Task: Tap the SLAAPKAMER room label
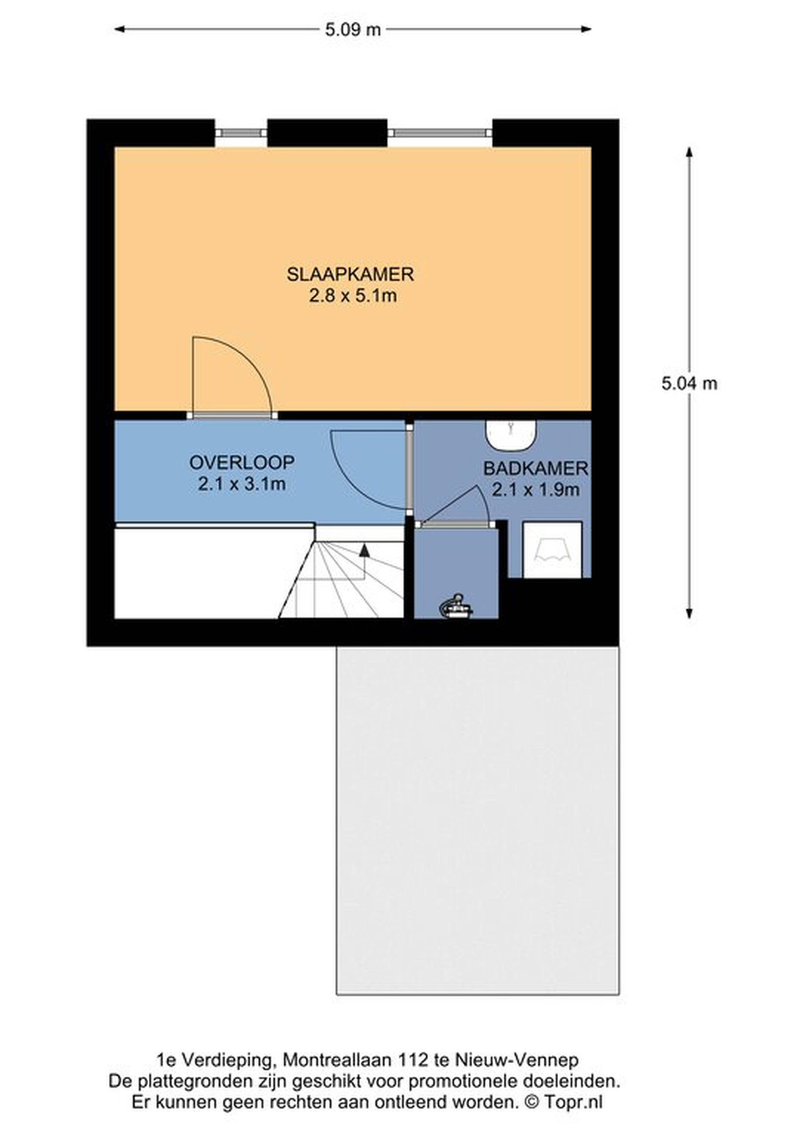(x=350, y=274)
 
